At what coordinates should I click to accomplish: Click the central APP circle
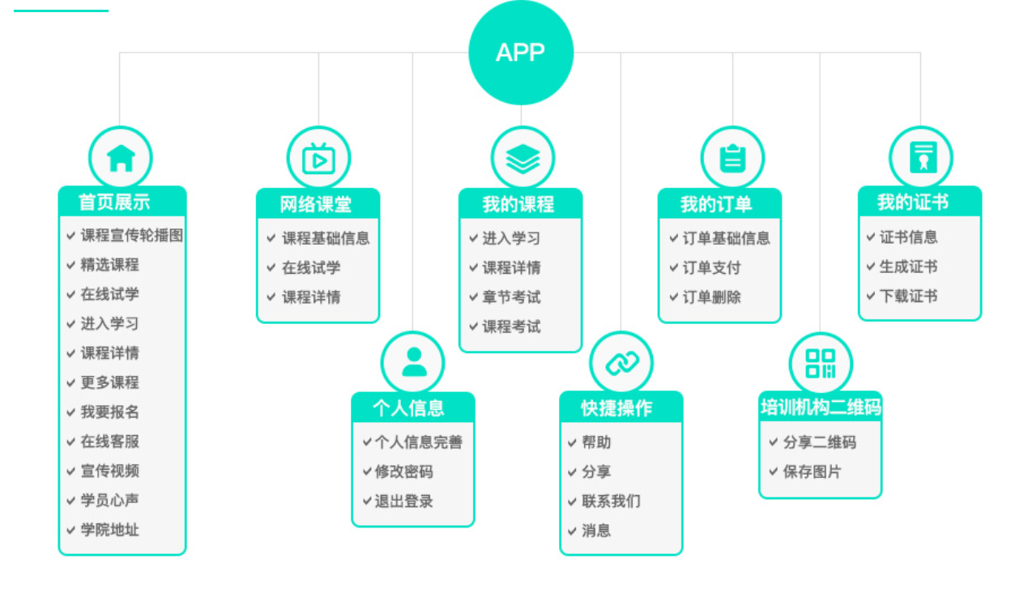click(521, 53)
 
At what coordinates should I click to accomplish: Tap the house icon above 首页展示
click(121, 158)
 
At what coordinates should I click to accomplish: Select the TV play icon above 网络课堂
click(318, 158)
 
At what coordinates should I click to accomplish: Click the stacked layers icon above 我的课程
click(523, 158)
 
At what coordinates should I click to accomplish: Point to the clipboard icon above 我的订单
click(732, 158)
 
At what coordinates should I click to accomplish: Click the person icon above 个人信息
click(413, 362)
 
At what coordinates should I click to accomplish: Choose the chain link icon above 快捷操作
click(621, 362)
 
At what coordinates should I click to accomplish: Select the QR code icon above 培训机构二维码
click(821, 362)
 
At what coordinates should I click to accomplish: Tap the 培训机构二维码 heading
click(821, 407)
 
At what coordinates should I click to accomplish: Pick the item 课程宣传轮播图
click(131, 236)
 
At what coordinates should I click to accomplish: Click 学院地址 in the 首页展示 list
click(109, 530)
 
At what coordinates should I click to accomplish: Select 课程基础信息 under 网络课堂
click(326, 238)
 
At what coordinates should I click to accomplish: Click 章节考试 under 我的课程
click(511, 297)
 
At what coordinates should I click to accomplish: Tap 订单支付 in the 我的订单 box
click(711, 268)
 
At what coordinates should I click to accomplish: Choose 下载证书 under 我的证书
click(908, 297)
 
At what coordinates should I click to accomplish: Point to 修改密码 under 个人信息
click(403, 472)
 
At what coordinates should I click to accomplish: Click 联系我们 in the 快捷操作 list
click(611, 502)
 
